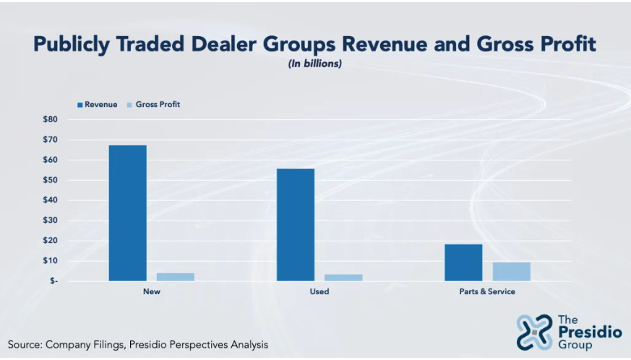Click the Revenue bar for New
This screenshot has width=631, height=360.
[x=127, y=213]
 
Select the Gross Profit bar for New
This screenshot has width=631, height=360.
[x=176, y=277]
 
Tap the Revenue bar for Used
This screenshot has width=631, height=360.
[x=296, y=224]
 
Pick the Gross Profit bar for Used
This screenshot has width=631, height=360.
[x=343, y=278]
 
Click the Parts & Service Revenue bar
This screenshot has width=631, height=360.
[x=463, y=262]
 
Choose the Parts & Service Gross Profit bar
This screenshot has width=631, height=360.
[x=511, y=271]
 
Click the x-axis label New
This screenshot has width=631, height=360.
[x=152, y=292]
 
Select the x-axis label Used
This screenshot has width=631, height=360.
[x=319, y=292]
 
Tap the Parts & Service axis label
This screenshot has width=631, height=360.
[x=487, y=292]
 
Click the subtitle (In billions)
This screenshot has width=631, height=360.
[x=315, y=64]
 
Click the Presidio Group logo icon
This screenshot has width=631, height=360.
[x=534, y=332]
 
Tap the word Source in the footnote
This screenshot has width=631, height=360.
[x=25, y=345]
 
